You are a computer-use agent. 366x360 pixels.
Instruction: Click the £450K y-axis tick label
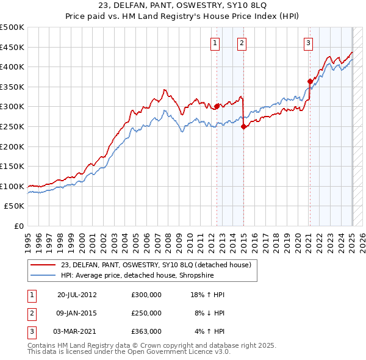(12, 47)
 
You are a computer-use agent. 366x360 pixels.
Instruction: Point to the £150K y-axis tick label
(12, 166)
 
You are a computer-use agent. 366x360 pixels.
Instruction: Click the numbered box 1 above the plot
(216, 43)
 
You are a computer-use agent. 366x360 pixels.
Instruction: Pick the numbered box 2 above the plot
(242, 43)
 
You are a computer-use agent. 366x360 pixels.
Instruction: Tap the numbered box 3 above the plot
(309, 43)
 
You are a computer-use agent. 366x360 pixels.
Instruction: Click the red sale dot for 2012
(217, 106)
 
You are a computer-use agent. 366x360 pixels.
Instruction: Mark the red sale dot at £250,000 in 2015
(243, 126)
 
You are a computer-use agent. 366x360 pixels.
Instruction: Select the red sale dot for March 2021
(310, 81)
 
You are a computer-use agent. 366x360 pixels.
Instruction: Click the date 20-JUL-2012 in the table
(77, 295)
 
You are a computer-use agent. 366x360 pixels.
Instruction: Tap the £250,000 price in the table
(146, 313)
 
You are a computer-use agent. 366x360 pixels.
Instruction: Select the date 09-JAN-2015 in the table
(77, 313)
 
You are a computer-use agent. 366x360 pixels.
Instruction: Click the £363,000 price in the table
(146, 331)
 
